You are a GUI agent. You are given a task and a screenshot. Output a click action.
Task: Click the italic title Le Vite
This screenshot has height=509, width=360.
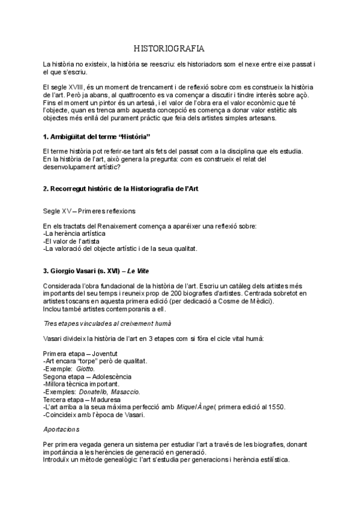coord(141,271)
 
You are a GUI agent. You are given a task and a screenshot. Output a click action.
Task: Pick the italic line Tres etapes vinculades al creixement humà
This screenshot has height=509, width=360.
coord(103,323)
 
